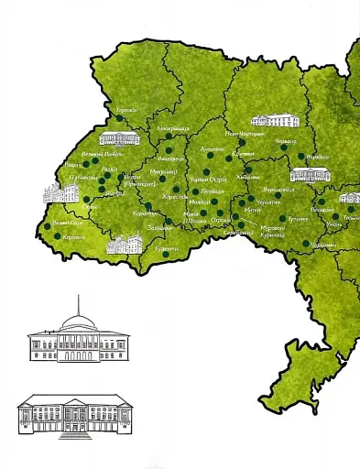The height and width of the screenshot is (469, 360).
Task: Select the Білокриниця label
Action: click(172, 129)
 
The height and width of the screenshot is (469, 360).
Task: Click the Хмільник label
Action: click(247, 178)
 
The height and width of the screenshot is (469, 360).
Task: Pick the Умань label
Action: click(333, 224)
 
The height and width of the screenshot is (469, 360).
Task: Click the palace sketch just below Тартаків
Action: click(120, 138)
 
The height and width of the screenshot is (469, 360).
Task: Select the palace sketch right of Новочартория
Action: click(270, 120)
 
